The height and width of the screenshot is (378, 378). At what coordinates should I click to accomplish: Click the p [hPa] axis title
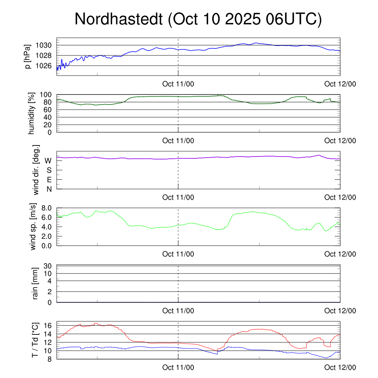27,56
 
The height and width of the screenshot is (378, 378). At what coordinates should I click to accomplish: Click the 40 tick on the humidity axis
48,117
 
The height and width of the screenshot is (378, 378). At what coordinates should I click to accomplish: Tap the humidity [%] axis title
31,113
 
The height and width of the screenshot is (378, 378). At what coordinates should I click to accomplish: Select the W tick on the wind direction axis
48,161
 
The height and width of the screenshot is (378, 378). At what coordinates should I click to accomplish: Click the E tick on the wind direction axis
49,180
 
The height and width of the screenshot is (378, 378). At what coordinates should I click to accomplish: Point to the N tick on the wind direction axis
49,189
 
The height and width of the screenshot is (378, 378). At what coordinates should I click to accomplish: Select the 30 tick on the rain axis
48,266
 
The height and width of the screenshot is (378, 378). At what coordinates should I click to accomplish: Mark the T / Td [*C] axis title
35,340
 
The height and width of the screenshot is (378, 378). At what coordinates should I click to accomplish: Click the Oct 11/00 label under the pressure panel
178,84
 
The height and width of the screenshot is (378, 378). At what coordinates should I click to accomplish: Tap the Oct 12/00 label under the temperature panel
340,368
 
